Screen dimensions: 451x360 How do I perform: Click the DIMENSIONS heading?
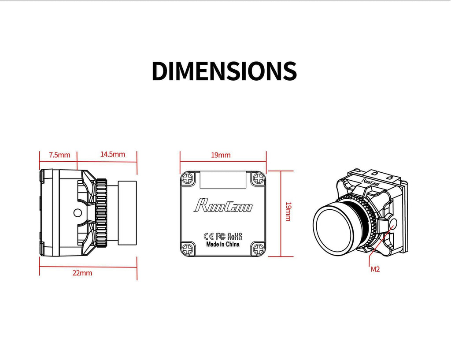click(x=224, y=71)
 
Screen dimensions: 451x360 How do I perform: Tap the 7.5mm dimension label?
click(x=59, y=155)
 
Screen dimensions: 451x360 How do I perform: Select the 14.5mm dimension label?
click(x=112, y=154)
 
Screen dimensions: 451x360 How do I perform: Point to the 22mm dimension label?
click(x=82, y=273)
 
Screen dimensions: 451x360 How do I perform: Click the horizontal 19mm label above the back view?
click(x=221, y=155)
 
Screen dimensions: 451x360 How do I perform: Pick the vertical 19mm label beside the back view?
click(x=288, y=212)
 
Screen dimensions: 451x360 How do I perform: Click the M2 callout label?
click(x=375, y=269)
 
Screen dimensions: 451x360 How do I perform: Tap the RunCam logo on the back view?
click(x=223, y=205)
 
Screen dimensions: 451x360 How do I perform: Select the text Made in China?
click(x=222, y=244)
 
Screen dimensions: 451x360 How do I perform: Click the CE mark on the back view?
click(x=209, y=237)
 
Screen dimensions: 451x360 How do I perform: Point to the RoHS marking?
click(x=235, y=237)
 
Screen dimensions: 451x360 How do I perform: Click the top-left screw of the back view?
click(x=188, y=178)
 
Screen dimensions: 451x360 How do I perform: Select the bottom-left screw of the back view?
click(x=188, y=248)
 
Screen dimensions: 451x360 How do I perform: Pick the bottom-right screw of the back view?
click(x=258, y=248)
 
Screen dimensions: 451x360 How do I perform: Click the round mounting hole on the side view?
click(x=78, y=213)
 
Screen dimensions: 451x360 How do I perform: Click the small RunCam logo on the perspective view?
click(x=370, y=181)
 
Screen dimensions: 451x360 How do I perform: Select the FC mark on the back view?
click(x=220, y=237)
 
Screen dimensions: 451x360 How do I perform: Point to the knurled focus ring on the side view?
click(x=101, y=213)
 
